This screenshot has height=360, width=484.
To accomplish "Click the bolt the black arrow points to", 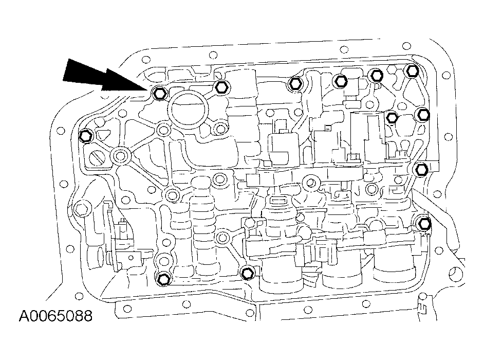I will point(158,94).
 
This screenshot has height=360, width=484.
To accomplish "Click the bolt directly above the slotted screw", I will point(86,136).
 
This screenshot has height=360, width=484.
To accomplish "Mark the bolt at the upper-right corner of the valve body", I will point(411,71).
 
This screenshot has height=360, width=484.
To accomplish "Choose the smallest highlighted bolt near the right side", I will point(392,118).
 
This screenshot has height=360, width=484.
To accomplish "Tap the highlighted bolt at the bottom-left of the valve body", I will point(163,279).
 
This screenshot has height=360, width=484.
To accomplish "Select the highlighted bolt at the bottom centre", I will point(247,272).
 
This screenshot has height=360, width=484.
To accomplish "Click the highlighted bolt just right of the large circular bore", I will point(221,86).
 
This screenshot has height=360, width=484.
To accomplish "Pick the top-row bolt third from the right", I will point(340,80).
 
